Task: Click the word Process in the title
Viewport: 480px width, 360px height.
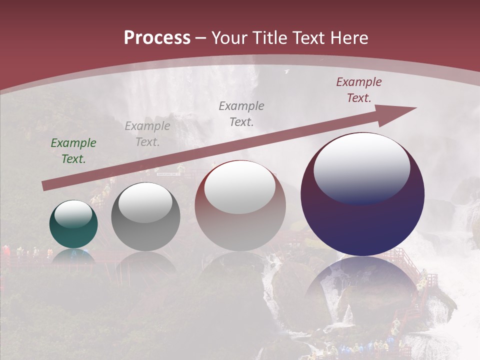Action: pyautogui.click(x=157, y=38)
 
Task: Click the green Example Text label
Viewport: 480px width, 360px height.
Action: pyautogui.click(x=73, y=151)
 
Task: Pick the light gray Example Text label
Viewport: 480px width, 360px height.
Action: pyautogui.click(x=147, y=134)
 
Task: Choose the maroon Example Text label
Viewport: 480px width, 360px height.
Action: pyautogui.click(x=359, y=90)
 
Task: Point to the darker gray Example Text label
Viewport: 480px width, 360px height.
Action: pyautogui.click(x=241, y=113)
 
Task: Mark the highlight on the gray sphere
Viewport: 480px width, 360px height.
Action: pyautogui.click(x=145, y=203)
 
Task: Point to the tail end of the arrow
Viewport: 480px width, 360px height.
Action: pyautogui.click(x=45, y=186)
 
